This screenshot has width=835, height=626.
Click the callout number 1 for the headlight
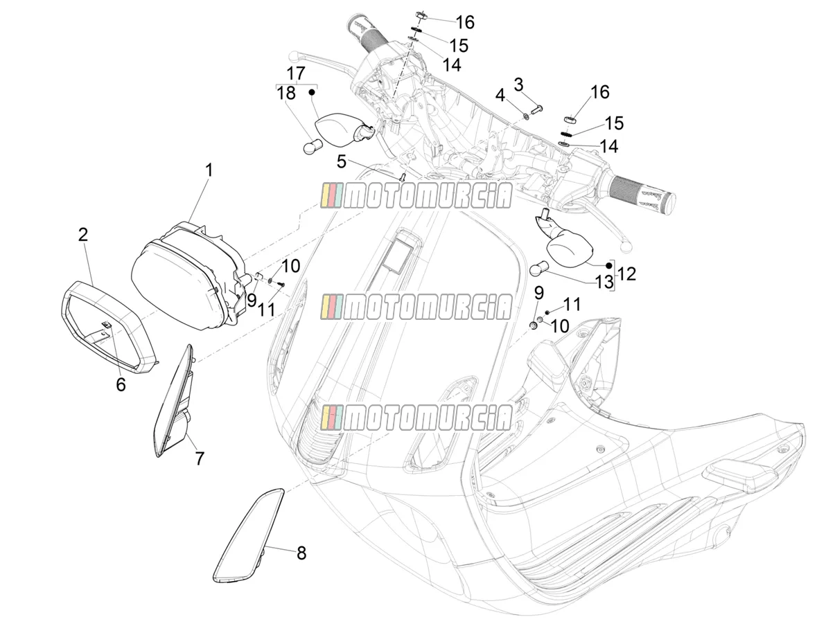pyautogui.click(x=209, y=170)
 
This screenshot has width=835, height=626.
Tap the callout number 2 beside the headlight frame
pyautogui.click(x=83, y=235)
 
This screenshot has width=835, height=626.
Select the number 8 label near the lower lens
pyautogui.click(x=301, y=553)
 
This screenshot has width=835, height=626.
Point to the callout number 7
pyautogui.click(x=200, y=458)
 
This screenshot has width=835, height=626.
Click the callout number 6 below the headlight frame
pyautogui.click(x=121, y=384)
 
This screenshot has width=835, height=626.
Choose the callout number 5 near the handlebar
pyautogui.click(x=341, y=161)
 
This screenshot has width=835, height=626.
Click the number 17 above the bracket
pyautogui.click(x=296, y=73)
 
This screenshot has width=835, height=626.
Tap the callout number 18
pyautogui.click(x=286, y=93)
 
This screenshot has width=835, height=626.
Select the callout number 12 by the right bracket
pyautogui.click(x=626, y=274)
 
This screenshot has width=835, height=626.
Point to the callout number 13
pyautogui.click(x=604, y=282)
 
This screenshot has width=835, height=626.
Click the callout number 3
pyautogui.click(x=518, y=84)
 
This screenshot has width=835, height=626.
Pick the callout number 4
pyautogui.click(x=500, y=95)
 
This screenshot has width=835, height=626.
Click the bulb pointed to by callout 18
pyautogui.click(x=313, y=146)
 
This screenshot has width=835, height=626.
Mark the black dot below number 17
pyautogui.click(x=312, y=92)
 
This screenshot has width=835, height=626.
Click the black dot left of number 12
pyautogui.click(x=608, y=265)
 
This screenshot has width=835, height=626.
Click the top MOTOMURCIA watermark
pyautogui.click(x=416, y=196)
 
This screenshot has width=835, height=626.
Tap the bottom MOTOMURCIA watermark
pyautogui.click(x=416, y=418)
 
